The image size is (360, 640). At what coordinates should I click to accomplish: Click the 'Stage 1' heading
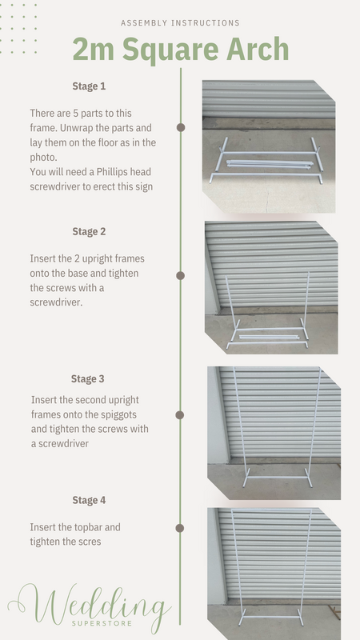[89, 86]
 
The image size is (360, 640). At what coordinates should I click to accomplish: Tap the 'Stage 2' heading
[89, 231]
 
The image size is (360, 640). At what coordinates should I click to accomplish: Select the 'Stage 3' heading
[88, 378]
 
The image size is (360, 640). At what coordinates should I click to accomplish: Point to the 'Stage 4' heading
[89, 500]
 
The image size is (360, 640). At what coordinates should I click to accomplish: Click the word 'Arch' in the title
[258, 49]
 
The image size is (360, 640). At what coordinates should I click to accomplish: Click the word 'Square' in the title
[170, 50]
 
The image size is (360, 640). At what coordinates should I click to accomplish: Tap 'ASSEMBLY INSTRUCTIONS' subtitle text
[180, 23]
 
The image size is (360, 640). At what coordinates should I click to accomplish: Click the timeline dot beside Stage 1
[181, 128]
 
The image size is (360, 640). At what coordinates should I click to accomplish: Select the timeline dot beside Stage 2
[181, 275]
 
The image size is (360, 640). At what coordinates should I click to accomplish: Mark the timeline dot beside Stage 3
[179, 415]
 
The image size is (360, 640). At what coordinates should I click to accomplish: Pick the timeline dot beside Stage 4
[179, 528]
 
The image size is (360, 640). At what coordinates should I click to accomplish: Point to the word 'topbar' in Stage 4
[89, 527]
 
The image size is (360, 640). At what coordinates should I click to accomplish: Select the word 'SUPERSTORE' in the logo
[102, 624]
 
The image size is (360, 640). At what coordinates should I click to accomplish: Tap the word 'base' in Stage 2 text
[89, 273]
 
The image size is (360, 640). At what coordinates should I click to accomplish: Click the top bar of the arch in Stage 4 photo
[271, 510]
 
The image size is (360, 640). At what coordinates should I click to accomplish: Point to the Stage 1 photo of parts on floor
[269, 146]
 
